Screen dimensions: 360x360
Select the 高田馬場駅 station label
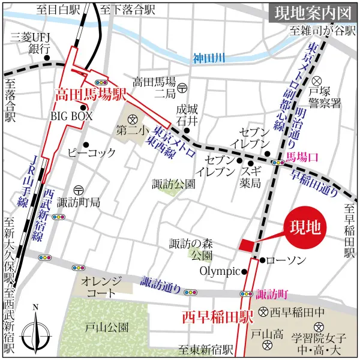[x=90, y=95]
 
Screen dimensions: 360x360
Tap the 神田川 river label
[x=208, y=59]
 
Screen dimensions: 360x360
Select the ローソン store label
[x=286, y=260]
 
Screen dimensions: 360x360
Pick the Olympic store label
[x=220, y=271]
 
